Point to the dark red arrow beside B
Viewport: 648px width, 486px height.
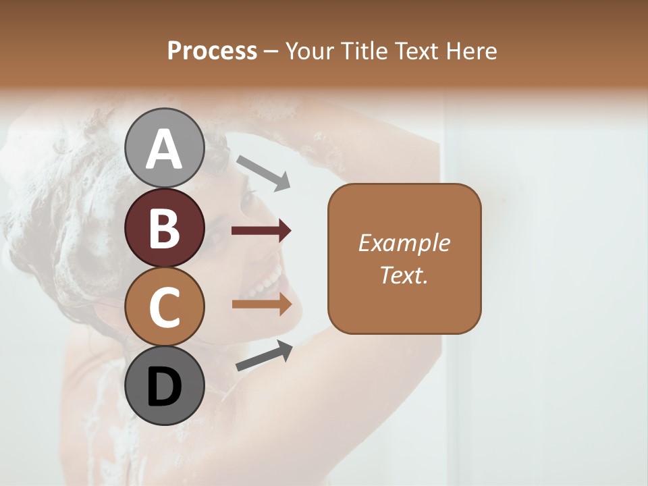click(261, 231)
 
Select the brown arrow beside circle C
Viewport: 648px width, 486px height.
click(261, 304)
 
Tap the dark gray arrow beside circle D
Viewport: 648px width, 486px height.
click(264, 356)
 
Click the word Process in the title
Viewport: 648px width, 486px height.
click(212, 51)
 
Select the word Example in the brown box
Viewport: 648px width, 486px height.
click(404, 243)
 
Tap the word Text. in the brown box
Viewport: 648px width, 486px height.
click(404, 275)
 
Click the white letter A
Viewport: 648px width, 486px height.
click(164, 149)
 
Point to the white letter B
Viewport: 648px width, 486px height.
click(164, 228)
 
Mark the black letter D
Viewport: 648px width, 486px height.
click(164, 387)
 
